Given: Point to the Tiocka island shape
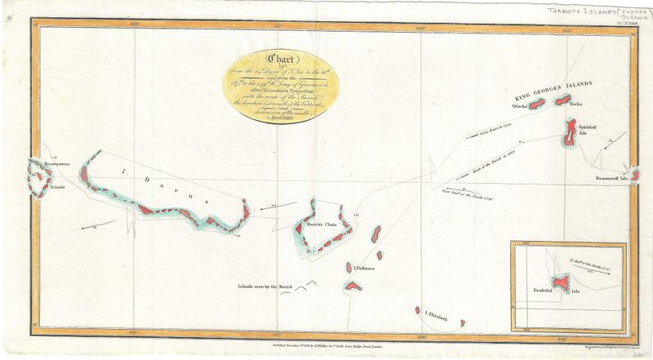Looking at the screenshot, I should pyautogui.click(x=562, y=100).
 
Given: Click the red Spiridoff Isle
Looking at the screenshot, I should pyautogui.click(x=568, y=132).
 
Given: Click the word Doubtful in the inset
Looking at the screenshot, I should pyautogui.click(x=541, y=291).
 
